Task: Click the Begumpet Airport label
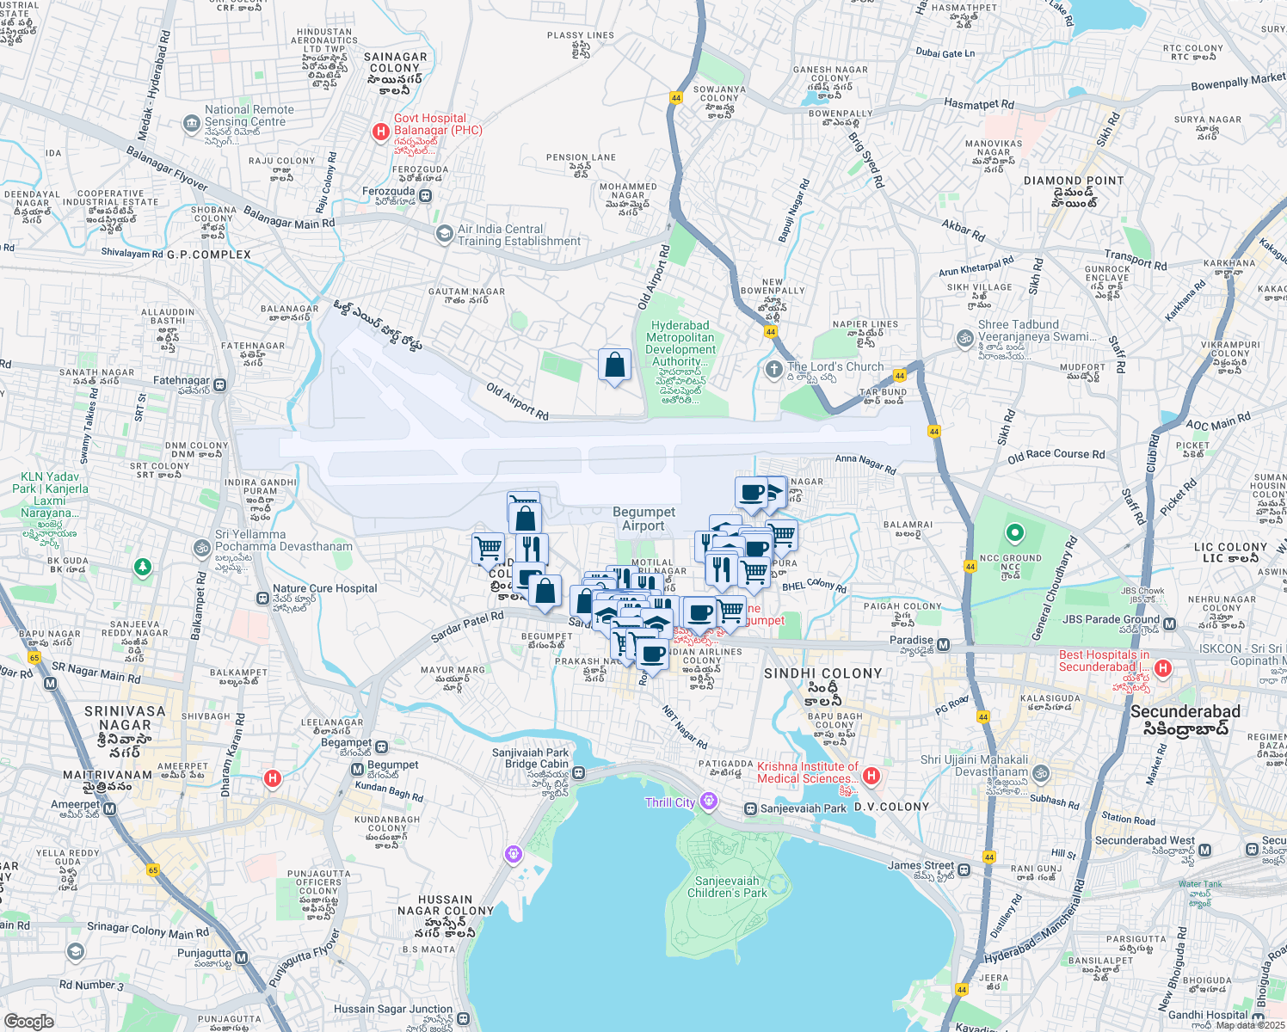tap(643, 519)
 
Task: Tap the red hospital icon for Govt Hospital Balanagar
tap(379, 132)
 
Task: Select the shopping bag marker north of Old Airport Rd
tap(614, 365)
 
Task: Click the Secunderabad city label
tap(1185, 711)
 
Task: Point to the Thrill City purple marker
tap(708, 802)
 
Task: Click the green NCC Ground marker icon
tap(1014, 533)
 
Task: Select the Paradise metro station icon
tap(944, 644)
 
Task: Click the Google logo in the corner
tap(28, 1021)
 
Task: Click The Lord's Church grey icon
tap(773, 369)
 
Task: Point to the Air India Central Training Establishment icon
tap(444, 234)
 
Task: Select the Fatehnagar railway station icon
tap(220, 384)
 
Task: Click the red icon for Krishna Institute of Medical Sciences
tap(871, 777)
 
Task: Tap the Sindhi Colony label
tap(822, 673)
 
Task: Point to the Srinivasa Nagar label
tap(125, 711)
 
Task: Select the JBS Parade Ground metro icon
tap(1169, 623)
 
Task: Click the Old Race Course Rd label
tap(1056, 456)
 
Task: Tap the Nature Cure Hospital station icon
tap(262, 598)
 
